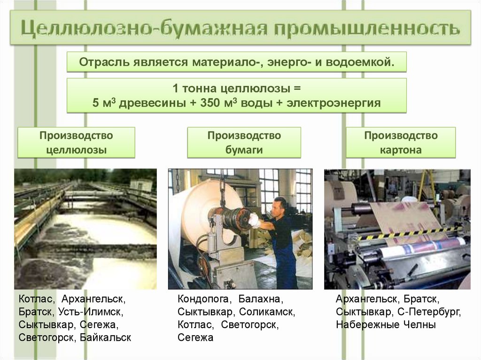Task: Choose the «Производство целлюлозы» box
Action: click(x=76, y=143)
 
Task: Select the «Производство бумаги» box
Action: click(x=244, y=143)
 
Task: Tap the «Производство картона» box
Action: click(x=401, y=143)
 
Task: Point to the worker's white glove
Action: click(x=254, y=220)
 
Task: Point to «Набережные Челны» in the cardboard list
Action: click(x=386, y=324)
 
